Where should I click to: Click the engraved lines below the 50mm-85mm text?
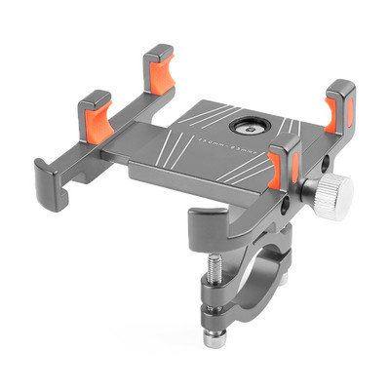[x=240, y=172]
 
